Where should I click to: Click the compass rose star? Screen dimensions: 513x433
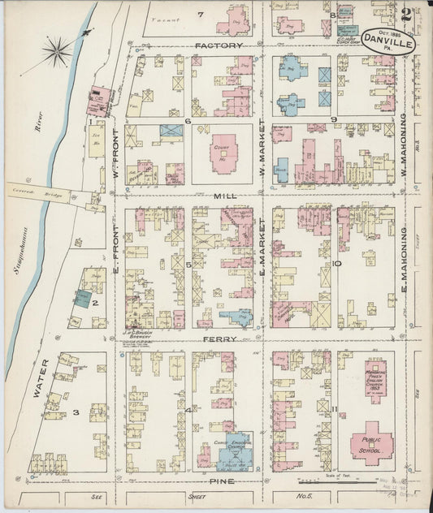[x=57, y=52]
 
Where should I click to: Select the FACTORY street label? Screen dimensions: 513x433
[x=219, y=46]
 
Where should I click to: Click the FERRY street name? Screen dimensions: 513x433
[x=219, y=338]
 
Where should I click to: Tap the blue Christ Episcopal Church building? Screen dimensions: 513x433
[x=235, y=451]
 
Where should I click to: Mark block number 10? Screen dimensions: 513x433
[x=336, y=264]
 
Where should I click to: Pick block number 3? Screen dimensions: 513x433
[x=75, y=412]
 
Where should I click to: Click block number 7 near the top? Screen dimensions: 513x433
[x=200, y=15]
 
